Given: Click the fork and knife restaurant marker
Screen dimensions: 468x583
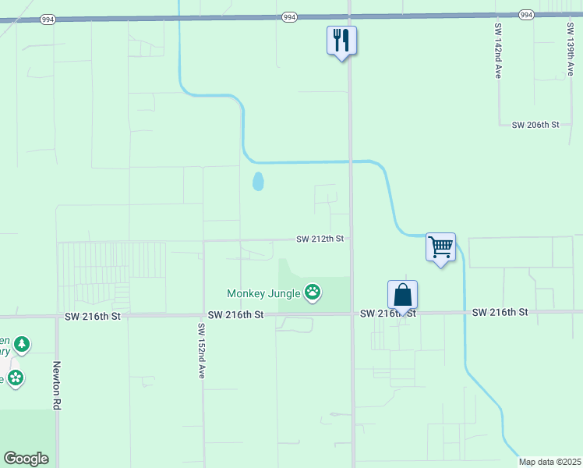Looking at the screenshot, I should [x=341, y=40].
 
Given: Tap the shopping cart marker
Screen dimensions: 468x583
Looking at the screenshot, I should [x=441, y=247].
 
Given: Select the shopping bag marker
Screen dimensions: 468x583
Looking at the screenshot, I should [x=402, y=296].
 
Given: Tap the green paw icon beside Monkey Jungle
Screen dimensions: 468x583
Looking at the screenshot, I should [x=313, y=292].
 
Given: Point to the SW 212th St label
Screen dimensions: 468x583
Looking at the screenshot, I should [x=320, y=239].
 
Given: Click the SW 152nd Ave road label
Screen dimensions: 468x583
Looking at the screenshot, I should [x=200, y=351].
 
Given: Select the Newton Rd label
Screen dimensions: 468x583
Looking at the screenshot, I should [x=57, y=385].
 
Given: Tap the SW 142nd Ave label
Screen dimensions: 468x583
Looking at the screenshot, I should [x=497, y=50].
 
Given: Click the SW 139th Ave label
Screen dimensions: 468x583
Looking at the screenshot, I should [x=571, y=48].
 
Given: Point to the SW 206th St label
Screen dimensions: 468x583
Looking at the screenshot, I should [x=535, y=125].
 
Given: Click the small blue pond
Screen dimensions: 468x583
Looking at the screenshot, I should [x=258, y=182].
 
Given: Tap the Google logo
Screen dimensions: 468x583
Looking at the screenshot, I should [x=26, y=459].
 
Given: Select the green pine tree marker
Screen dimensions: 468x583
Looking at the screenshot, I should [x=22, y=343].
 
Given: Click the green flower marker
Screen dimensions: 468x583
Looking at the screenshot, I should [x=15, y=378].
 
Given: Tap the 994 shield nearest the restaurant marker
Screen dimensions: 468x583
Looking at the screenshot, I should [x=288, y=16].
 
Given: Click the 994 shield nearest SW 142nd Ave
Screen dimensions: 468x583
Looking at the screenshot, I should [x=525, y=15].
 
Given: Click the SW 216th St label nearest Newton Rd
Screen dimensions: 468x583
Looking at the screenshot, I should [x=93, y=316].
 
